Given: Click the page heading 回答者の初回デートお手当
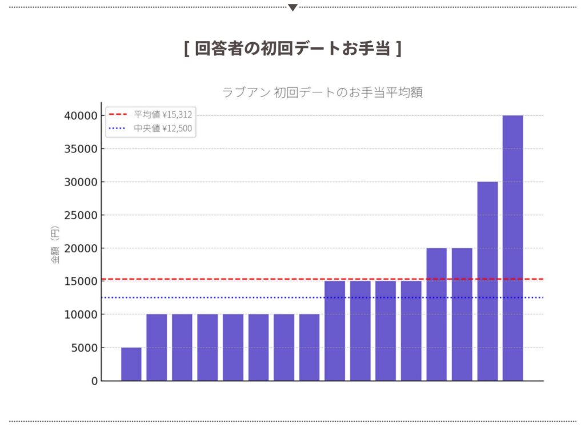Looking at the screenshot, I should (x=292, y=49).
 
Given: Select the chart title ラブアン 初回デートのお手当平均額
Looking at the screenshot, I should (x=322, y=92).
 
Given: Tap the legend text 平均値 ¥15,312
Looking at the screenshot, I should (x=163, y=114).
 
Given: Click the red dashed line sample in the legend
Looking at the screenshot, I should (x=118, y=114).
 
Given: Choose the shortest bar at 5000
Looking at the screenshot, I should (x=131, y=364).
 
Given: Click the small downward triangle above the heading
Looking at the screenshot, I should (x=292, y=7).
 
